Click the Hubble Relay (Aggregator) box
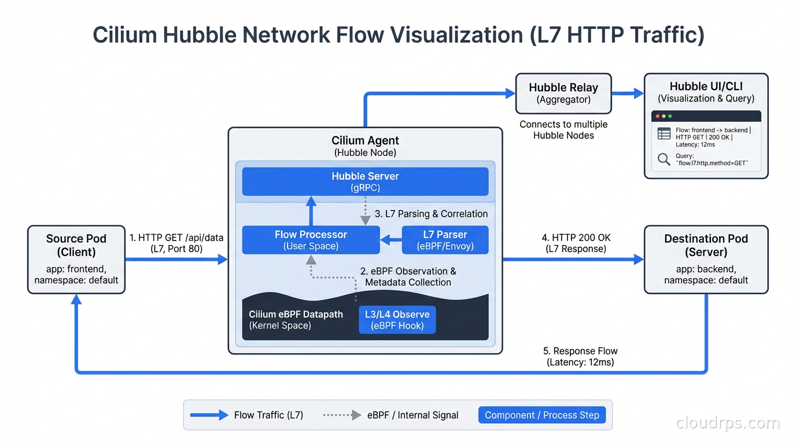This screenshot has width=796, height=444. pos(563,93)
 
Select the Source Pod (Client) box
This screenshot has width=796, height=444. pos(76,259)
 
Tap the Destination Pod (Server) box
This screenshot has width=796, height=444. pos(706,259)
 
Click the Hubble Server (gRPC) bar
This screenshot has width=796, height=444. pos(365,182)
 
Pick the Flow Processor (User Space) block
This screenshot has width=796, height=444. pos(311,240)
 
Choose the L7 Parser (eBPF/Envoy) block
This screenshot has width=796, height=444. pos(444,240)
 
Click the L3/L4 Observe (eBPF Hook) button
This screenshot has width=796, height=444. pos(397,320)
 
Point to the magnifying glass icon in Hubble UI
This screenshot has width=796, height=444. pos(664,159)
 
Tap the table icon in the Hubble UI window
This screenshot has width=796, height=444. pos(664,134)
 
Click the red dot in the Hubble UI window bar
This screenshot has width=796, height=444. pos(658,116)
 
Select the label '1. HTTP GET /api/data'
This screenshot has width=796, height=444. pos(176,238)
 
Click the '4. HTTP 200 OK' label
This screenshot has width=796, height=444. pos(576,238)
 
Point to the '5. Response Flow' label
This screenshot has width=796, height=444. pos(580,351)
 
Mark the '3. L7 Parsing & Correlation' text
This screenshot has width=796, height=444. pos(431,214)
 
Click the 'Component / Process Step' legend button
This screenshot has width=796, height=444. pos(541,415)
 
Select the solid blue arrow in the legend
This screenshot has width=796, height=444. pos(209,415)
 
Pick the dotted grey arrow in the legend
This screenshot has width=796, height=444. pos(342,415)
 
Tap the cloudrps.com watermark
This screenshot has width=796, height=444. pos(728,423)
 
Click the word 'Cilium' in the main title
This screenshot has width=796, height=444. pos(124,35)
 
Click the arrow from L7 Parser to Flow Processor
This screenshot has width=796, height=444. pos(391,240)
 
